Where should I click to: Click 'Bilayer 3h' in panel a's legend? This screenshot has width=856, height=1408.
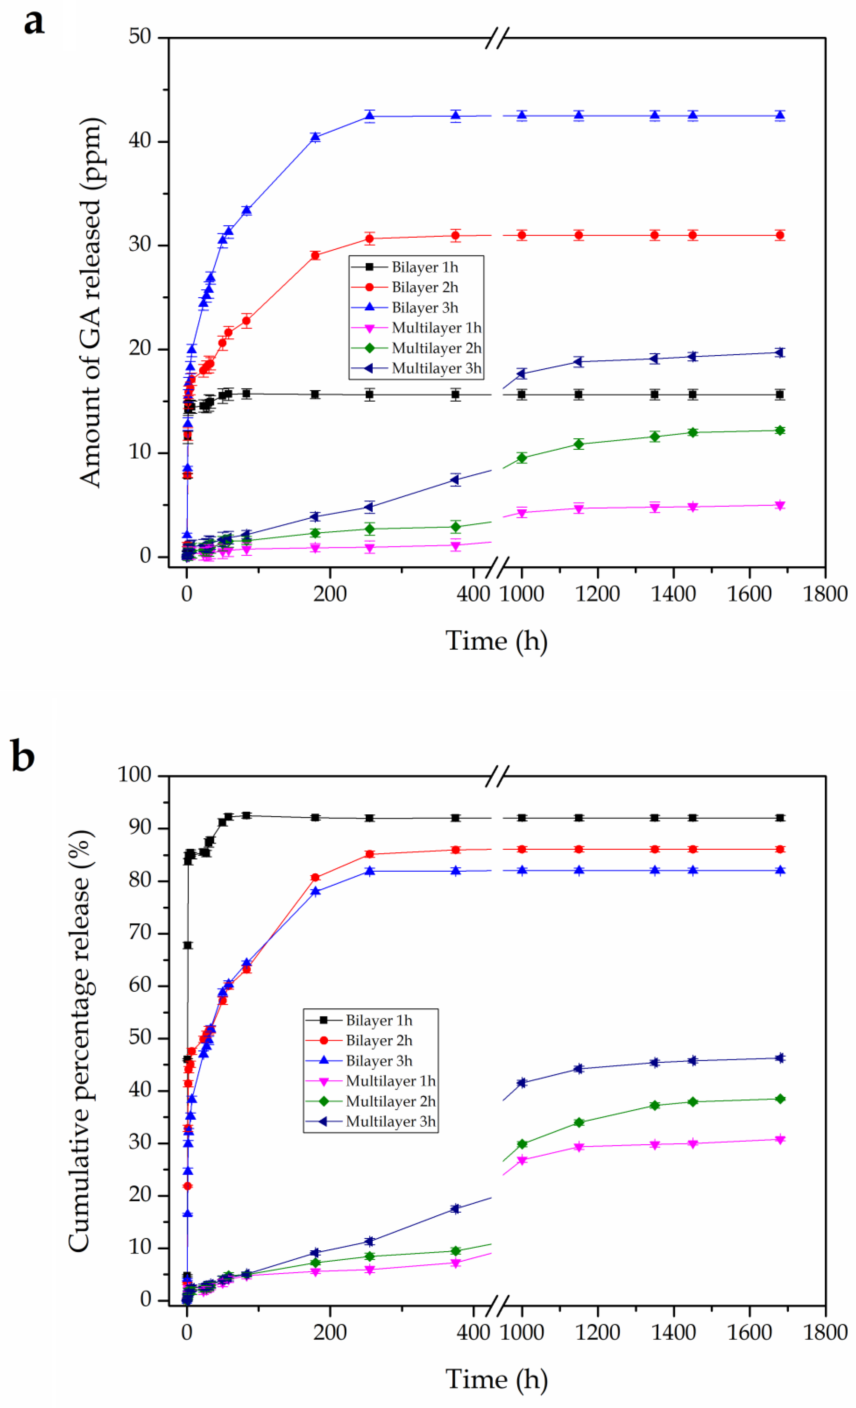(x=424, y=307)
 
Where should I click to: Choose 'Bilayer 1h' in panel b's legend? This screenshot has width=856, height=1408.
(x=379, y=1020)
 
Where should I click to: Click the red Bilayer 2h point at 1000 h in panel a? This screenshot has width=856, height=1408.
(x=521, y=235)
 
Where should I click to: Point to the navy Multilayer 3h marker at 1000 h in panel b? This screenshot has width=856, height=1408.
(x=521, y=1083)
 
